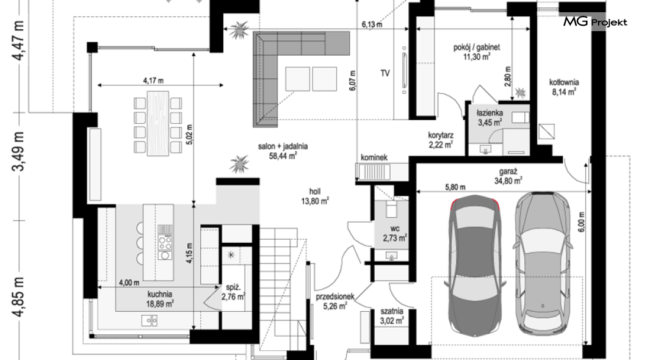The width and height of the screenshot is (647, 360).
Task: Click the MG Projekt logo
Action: coord(595,22)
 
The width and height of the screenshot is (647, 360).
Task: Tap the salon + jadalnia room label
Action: coord(283,151)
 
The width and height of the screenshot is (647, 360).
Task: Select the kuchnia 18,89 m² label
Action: coord(160,299)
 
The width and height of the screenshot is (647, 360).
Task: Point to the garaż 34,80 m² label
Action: coord(508,176)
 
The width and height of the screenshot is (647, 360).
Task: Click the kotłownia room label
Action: coord(564,87)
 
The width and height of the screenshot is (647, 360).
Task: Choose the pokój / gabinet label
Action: coord(477,52)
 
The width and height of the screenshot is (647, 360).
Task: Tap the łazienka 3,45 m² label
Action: coord(490,118)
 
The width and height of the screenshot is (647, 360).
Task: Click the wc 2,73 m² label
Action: coord(395,233)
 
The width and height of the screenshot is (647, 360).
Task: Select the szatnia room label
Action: coord(392,316)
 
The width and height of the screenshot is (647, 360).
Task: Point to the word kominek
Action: coord(374,157)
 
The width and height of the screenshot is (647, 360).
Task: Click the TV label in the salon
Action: coord(385,73)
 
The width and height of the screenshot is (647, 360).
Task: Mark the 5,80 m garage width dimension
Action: coord(455,187)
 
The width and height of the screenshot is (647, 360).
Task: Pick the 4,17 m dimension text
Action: coord(153,81)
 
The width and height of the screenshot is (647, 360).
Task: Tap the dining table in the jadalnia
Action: coord(158,124)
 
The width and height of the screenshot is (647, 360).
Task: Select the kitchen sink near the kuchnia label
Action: coord(150,320)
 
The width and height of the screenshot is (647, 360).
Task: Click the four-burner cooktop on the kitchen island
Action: coord(165,243)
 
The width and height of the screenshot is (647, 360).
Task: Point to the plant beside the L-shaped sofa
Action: coord(239,30)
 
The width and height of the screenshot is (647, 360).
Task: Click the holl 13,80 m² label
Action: coord(315,196)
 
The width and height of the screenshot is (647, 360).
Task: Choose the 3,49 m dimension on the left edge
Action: coord(18,151)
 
